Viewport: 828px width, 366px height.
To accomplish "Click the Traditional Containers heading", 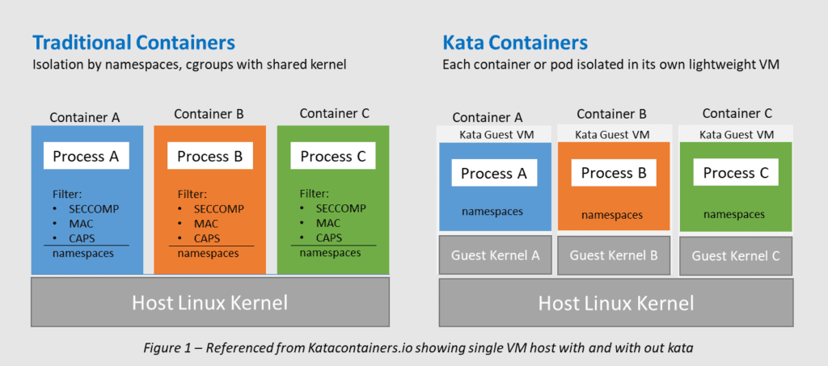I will point(133,42).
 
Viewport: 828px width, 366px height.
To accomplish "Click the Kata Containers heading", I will point(515,42).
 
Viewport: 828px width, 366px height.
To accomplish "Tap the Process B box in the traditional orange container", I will point(209,156).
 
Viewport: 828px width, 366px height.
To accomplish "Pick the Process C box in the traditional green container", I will point(333,156).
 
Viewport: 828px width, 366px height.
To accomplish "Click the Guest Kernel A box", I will point(495,256).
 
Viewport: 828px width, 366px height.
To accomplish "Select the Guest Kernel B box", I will point(614,255).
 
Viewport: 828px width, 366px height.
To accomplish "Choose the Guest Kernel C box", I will point(736,256).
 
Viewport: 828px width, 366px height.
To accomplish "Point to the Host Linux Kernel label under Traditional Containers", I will point(209,304).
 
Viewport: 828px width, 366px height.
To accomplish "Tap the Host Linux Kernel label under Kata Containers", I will point(616,304).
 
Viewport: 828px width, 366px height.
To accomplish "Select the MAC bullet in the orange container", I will point(205,223).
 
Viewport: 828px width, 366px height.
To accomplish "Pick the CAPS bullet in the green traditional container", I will point(328,238).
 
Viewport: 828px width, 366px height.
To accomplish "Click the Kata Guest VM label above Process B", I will point(614,133).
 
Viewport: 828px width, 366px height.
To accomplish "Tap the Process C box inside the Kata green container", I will point(735,172).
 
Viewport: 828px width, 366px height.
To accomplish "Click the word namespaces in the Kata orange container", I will point(612,215).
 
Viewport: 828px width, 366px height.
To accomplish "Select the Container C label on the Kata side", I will point(737,113).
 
